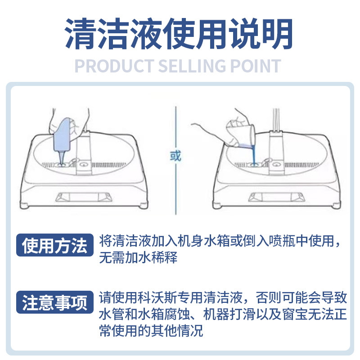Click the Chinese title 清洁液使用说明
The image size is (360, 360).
[180, 34]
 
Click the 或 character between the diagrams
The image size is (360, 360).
[175, 156]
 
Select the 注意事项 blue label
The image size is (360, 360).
[54, 303]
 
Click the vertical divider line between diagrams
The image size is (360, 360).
[175, 126]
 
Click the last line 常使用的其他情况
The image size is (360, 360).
[151, 331]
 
